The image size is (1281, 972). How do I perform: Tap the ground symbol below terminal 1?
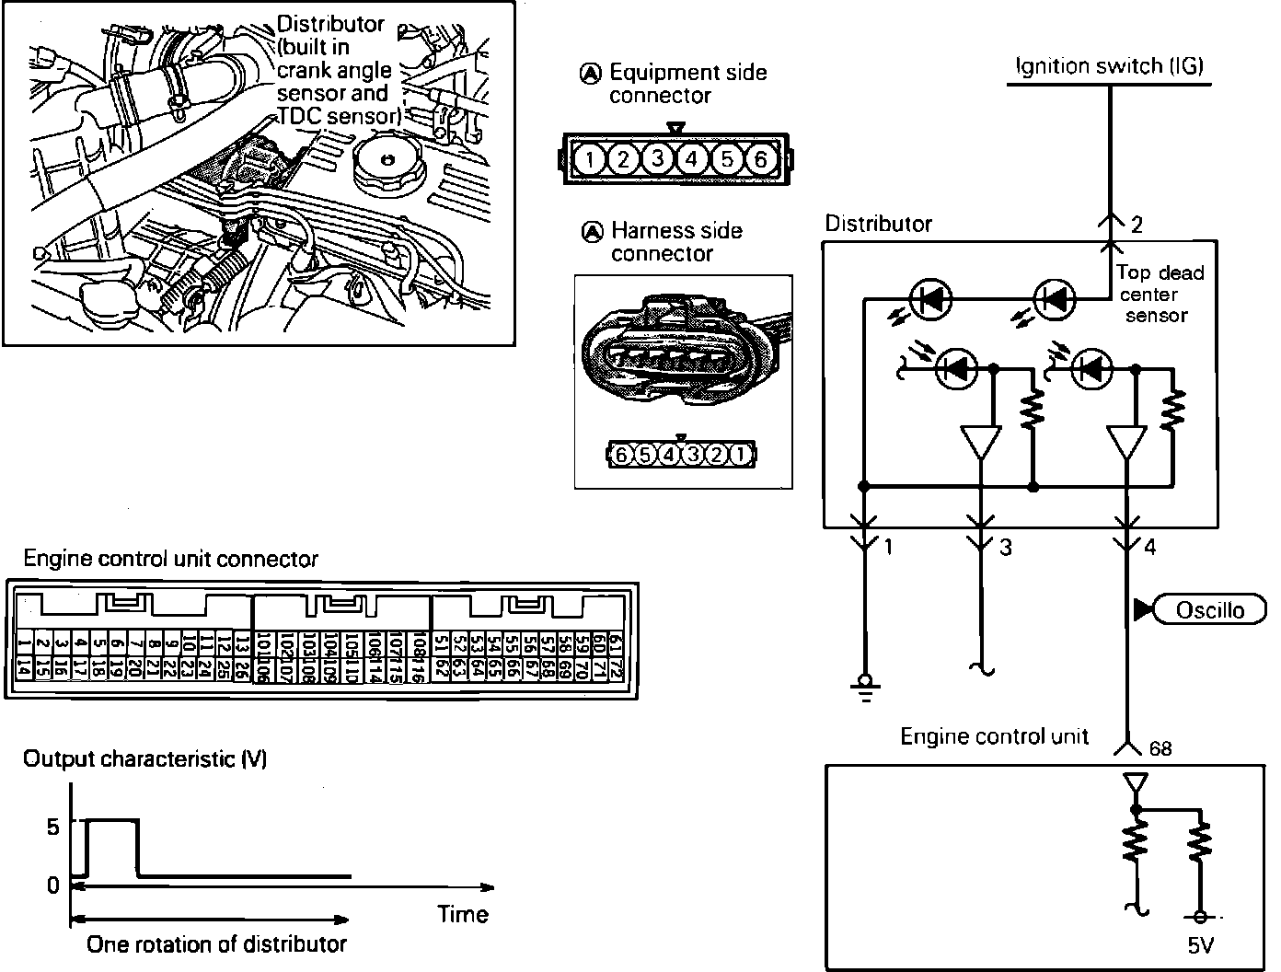click(864, 688)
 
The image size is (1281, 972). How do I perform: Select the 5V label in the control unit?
click(1200, 945)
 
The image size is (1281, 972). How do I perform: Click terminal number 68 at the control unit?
click(1160, 748)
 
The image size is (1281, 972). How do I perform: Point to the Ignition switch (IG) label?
click(1109, 66)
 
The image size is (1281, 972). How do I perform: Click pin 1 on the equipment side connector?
click(589, 160)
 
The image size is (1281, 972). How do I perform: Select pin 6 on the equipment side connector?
click(760, 160)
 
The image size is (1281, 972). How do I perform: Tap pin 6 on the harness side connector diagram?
click(622, 455)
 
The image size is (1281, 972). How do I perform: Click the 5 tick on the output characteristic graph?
click(52, 826)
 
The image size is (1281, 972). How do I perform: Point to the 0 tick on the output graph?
click(52, 885)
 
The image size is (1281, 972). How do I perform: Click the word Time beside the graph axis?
click(462, 914)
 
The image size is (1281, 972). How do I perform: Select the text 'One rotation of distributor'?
click(216, 943)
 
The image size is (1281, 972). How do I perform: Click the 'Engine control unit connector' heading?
click(170, 559)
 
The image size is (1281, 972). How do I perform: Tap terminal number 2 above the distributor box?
click(1137, 225)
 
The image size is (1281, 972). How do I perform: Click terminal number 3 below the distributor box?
click(1006, 548)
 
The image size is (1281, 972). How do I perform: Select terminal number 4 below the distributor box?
click(1150, 548)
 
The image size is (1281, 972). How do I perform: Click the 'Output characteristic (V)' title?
click(145, 759)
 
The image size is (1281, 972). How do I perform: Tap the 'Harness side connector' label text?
click(675, 242)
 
